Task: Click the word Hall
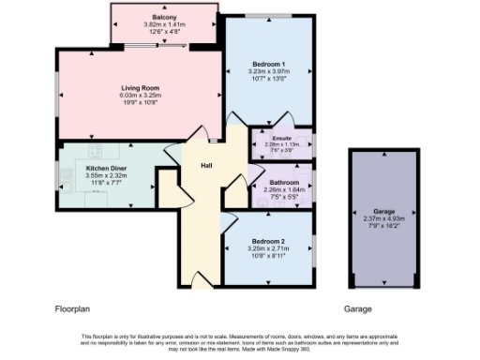206,166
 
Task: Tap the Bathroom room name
283,182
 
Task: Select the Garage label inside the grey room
382,212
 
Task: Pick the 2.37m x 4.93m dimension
382,219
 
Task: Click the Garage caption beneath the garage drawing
358,307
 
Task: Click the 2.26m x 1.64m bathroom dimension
283,189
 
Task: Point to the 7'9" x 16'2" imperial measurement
382,226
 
